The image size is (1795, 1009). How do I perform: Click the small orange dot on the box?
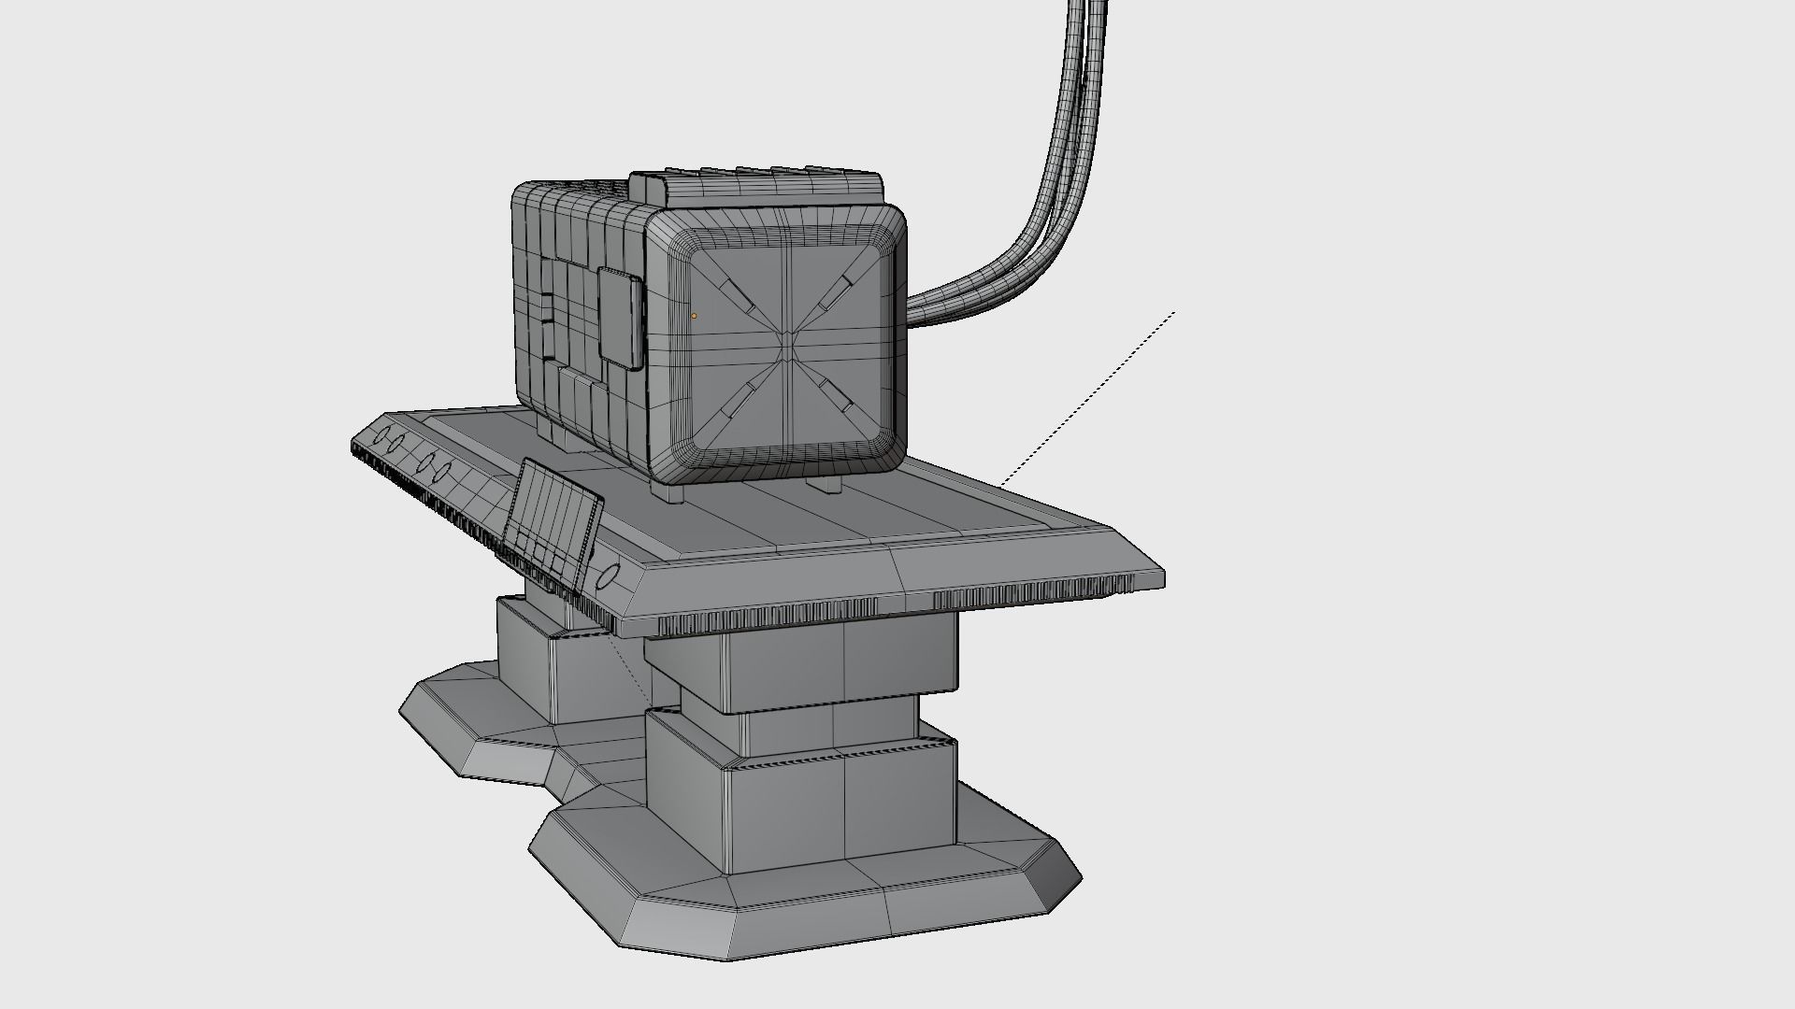point(694,316)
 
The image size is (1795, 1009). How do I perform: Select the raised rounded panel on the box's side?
point(620,319)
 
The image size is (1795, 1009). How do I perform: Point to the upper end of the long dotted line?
point(1173,313)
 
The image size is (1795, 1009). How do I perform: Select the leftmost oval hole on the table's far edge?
point(383,435)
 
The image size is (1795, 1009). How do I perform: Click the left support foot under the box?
point(674,492)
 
